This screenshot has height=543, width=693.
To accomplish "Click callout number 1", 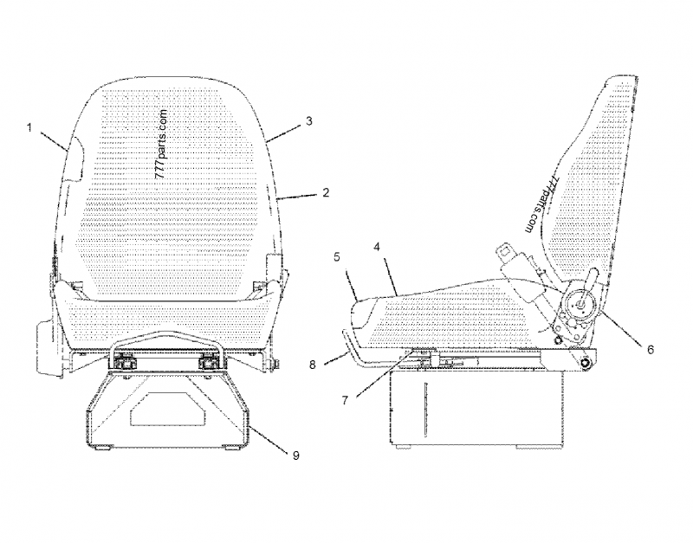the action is pos(29,128).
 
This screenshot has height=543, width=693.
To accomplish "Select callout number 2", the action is pos(327,192).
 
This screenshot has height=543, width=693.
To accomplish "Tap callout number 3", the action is pos(309,121).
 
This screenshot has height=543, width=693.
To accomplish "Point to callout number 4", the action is pos(377,247).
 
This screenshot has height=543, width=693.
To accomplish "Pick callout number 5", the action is pos(337,257).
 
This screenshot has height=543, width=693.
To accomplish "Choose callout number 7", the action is pos(345,400).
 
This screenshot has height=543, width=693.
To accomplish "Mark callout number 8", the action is pos(313,365).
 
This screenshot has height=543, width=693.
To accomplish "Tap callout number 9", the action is pos(295,455).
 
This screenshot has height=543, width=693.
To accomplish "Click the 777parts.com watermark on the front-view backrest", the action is pos(162,145).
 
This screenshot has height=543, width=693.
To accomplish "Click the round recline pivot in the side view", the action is pos(580,305).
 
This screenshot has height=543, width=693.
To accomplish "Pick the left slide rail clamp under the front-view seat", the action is pos(125,363).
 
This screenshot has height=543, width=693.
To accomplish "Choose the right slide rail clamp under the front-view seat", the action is pos(209,363).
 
